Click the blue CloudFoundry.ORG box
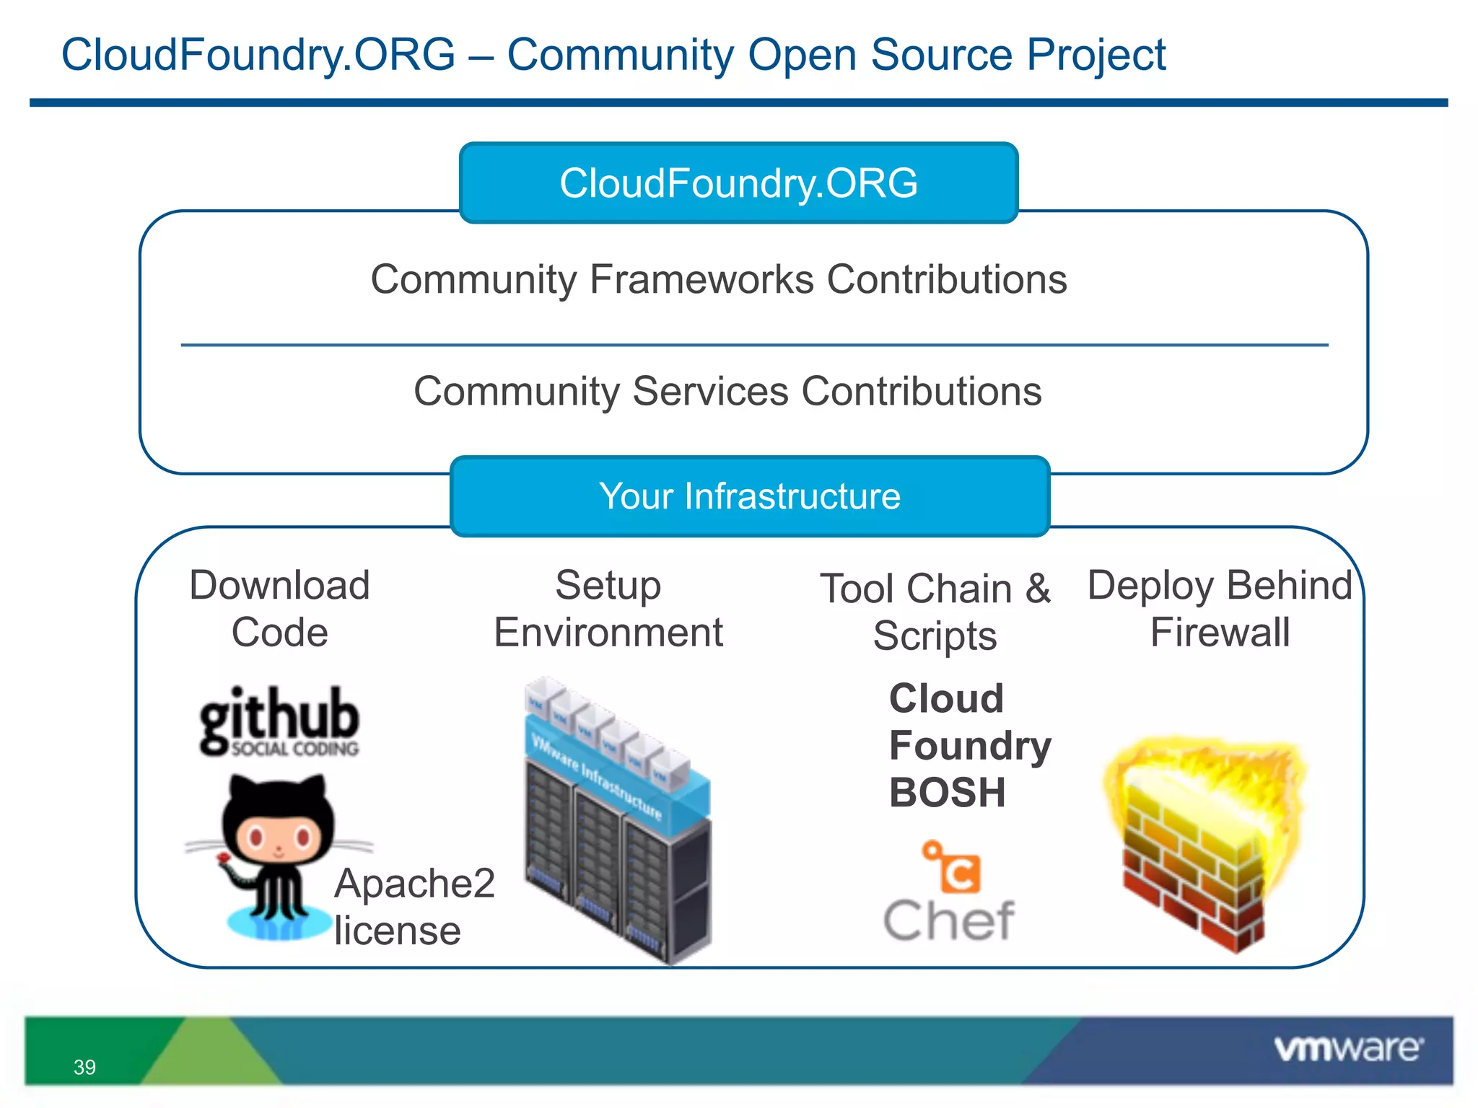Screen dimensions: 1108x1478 click(738, 183)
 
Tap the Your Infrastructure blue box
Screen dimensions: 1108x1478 click(749, 496)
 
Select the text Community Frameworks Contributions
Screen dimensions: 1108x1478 click(719, 280)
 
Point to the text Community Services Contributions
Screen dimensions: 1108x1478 click(727, 392)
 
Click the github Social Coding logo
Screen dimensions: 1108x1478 click(279, 721)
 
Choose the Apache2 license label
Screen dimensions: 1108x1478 click(414, 907)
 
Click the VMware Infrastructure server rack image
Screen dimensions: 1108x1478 click(618, 822)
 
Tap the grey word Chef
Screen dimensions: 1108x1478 click(949, 921)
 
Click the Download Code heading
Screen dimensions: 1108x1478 click(279, 609)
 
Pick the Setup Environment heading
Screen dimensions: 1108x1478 click(608, 609)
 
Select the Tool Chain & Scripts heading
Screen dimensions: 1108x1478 click(935, 612)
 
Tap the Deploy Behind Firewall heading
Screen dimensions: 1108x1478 click(1220, 609)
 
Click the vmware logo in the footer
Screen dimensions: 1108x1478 click(1347, 1048)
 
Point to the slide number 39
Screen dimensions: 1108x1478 click(84, 1067)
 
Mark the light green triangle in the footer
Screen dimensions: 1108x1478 click(209, 1057)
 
